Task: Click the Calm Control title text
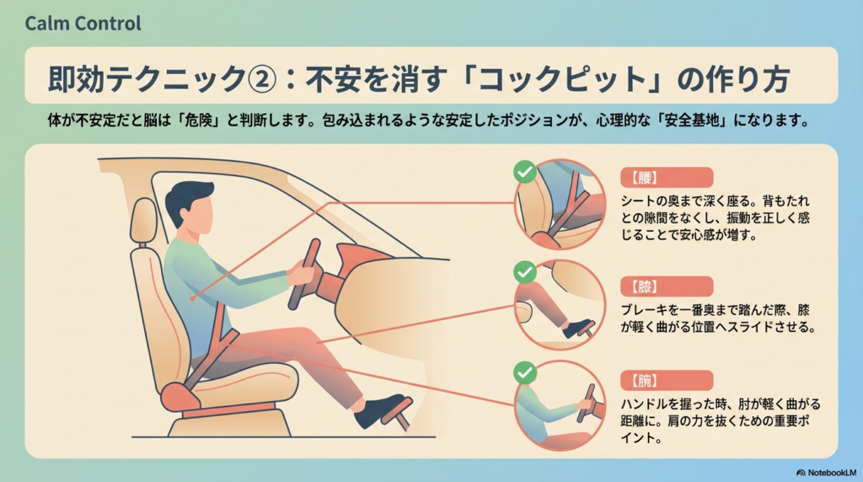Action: pos(83,23)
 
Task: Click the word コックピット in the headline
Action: pos(562,78)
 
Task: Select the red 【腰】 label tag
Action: pos(667,178)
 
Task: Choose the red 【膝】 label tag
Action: pos(667,287)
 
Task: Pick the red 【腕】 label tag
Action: pos(667,380)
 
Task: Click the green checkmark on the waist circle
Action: pos(525,172)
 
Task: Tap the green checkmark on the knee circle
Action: pos(525,272)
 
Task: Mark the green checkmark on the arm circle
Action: pos(525,372)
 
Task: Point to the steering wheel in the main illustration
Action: pos(304,274)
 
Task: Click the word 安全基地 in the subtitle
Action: pos(692,121)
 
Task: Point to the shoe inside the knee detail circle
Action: pos(576,328)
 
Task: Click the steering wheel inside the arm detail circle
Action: pos(586,404)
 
